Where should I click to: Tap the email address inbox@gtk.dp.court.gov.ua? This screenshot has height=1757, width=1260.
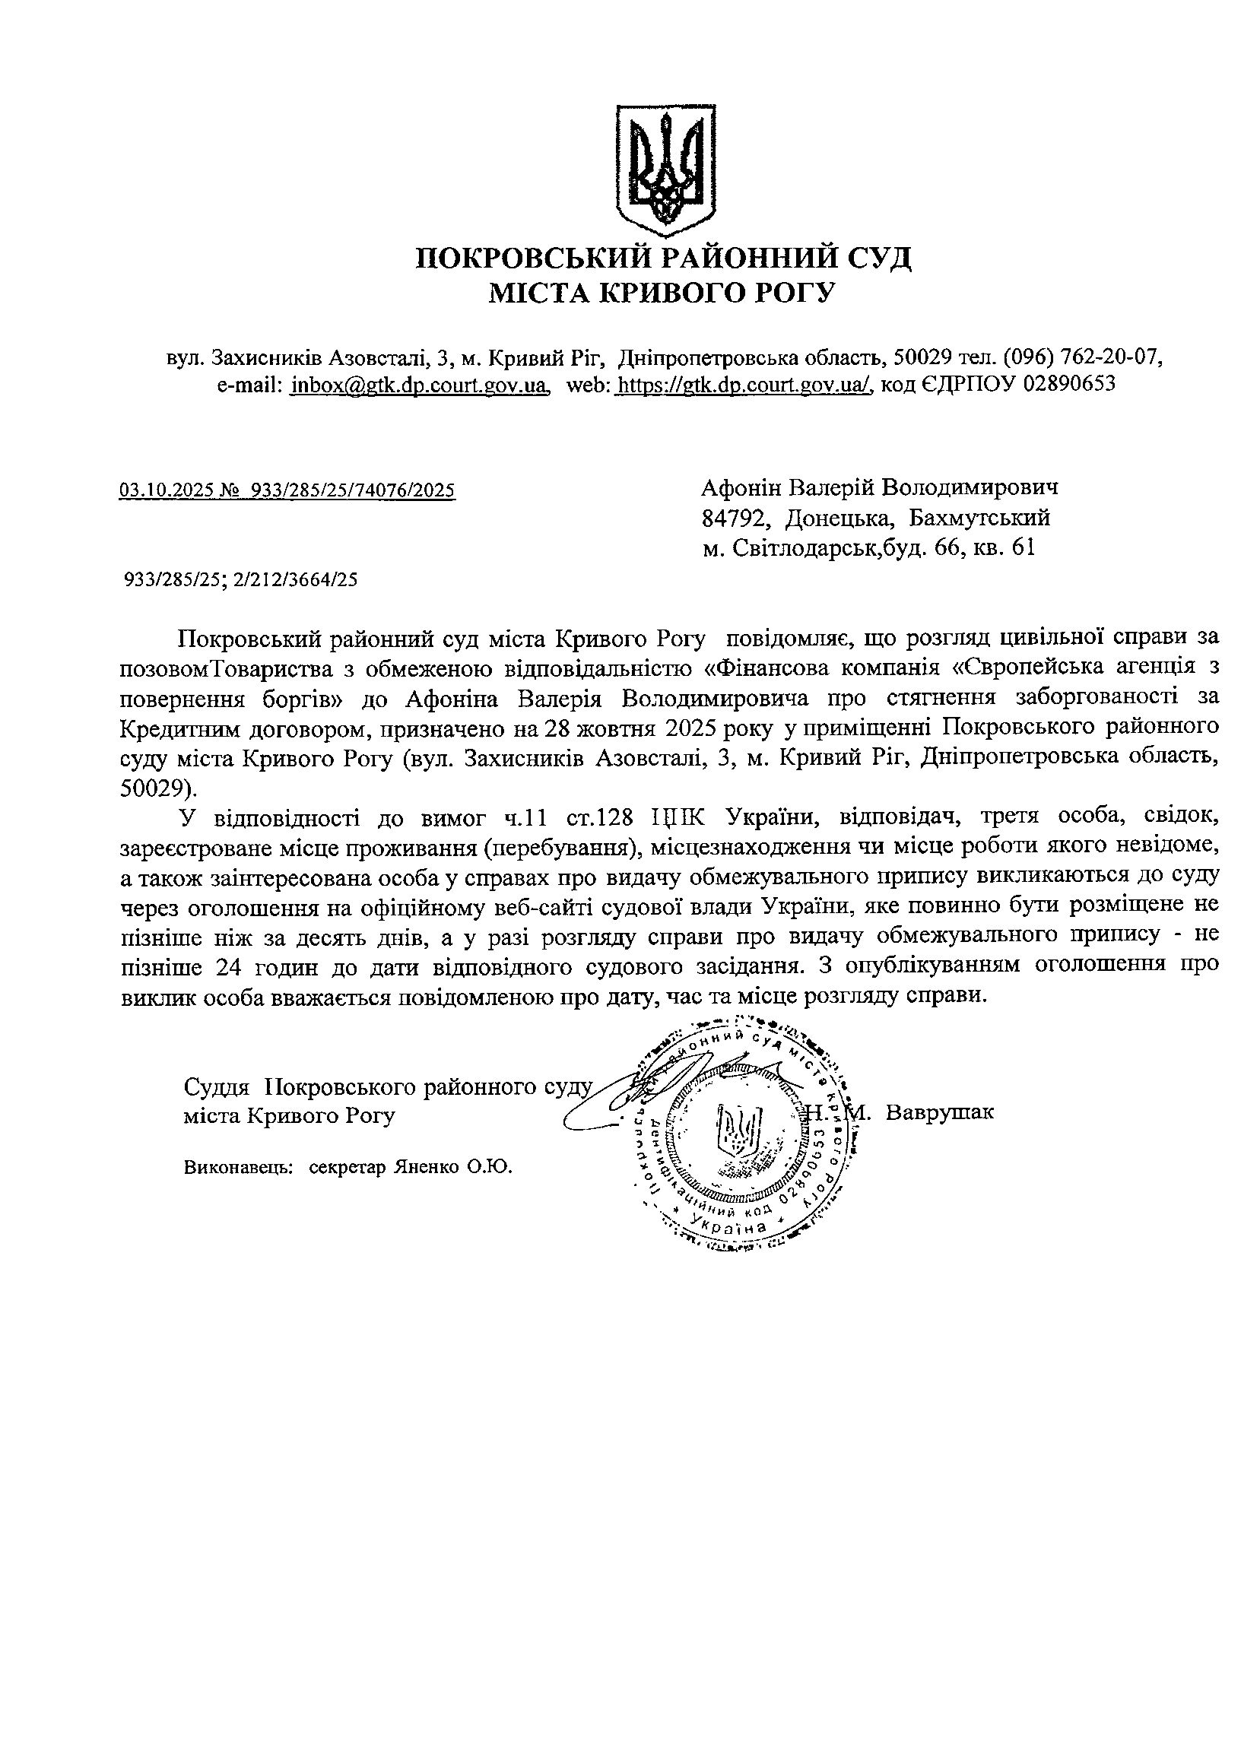tap(419, 384)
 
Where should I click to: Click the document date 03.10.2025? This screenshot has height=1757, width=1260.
tap(166, 490)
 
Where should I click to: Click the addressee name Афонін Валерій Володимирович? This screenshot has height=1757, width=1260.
tap(880, 487)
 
